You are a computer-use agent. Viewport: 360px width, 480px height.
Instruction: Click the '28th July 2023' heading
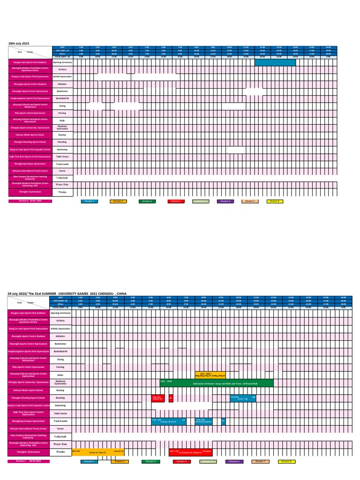pyautogui.click(x=19, y=43)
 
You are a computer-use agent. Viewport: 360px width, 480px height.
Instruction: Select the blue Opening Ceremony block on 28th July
pyautogui.click(x=275, y=62)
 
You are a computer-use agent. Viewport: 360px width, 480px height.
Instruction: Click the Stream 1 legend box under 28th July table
pyautogui.click(x=89, y=201)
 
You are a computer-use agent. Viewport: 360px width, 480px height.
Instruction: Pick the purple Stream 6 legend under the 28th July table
pyautogui.click(x=225, y=201)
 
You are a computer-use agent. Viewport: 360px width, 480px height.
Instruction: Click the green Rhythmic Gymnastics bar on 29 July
pyautogui.click(x=216, y=383)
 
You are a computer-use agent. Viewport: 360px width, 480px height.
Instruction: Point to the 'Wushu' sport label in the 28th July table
pyautogui.click(x=62, y=192)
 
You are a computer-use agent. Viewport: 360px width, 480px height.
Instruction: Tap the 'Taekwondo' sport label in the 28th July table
pyautogui.click(x=62, y=164)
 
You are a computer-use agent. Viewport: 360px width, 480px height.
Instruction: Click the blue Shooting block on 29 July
pyautogui.click(x=243, y=398)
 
